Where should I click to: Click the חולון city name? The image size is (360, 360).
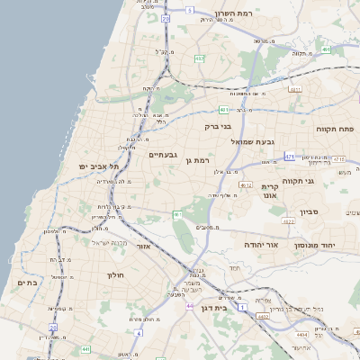[115, 274]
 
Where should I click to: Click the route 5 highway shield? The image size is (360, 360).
[190, 9]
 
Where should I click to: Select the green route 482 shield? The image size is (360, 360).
[200, 58]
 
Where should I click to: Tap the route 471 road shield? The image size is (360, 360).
[290, 156]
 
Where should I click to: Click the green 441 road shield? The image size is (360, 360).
[85, 349]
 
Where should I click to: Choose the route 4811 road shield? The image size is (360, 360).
[294, 89]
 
